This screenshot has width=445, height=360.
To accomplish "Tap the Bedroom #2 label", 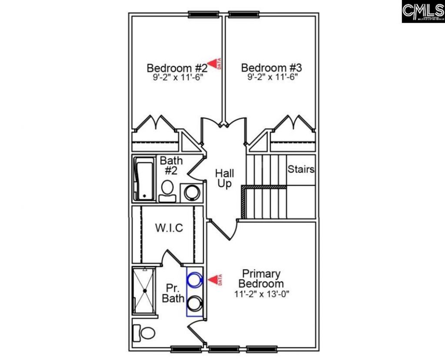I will click(x=176, y=68).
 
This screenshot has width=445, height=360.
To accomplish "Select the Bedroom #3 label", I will click(x=271, y=68).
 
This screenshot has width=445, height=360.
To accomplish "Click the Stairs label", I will click(x=301, y=169).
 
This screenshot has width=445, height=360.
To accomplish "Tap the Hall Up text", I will click(x=224, y=178).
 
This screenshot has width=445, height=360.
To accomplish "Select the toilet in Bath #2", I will click(x=167, y=190).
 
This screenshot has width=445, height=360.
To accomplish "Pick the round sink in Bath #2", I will click(x=191, y=192).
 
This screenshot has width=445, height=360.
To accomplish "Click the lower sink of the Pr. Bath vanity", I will click(x=195, y=301).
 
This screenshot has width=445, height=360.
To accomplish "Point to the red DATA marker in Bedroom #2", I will click(x=214, y=64).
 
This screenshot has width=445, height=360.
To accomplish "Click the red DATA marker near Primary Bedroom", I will click(x=214, y=279).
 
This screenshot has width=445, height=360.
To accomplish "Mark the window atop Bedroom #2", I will click(x=203, y=15).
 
